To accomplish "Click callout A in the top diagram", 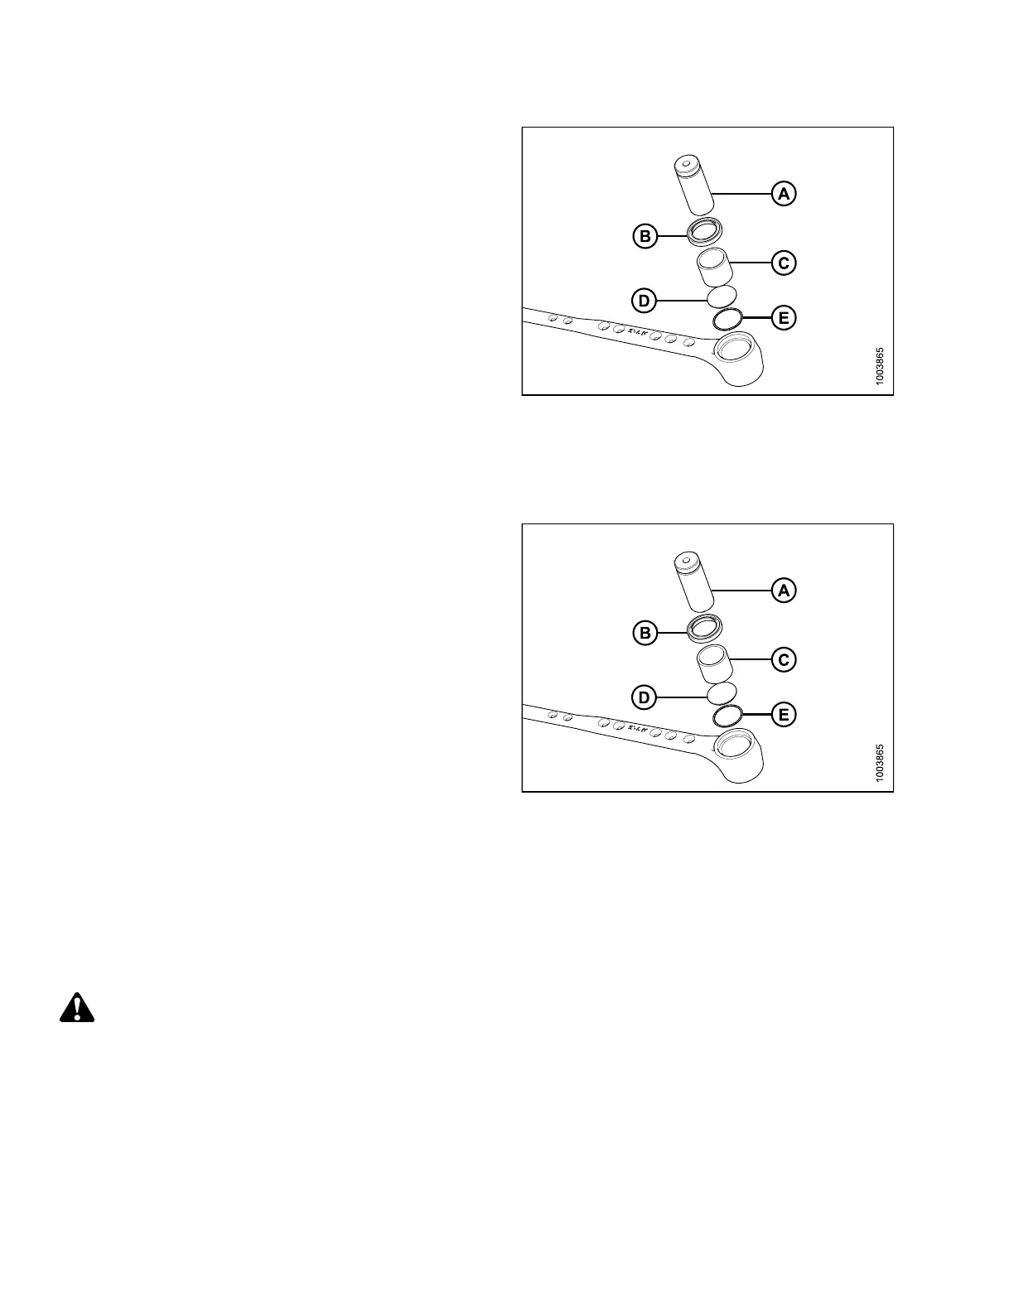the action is point(784,194).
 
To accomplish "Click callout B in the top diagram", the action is point(645,237).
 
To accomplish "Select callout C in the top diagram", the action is point(784,263).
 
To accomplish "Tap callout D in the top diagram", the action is point(645,301).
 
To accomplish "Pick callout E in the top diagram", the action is point(784,317).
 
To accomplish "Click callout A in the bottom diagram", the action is point(784,591).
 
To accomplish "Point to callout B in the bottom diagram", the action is point(645,634).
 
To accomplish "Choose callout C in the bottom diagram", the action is point(784,660).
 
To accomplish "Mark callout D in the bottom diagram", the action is point(645,697).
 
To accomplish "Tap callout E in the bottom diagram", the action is point(784,714).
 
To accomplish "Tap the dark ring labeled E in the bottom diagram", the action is point(727,715).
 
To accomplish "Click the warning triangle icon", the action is point(77,1007).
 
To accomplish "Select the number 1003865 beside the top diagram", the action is point(881,364).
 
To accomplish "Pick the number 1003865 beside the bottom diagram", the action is point(881,761).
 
